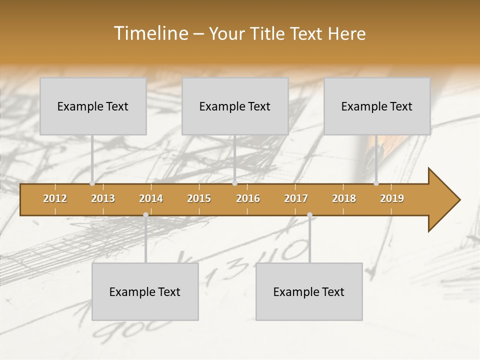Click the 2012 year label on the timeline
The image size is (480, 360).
[55, 198]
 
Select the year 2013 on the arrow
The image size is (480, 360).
[103, 198]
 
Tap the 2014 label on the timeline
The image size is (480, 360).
[151, 198]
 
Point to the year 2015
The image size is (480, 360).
[199, 198]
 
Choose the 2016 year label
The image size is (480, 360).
[248, 198]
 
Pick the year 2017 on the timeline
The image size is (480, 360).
[296, 198]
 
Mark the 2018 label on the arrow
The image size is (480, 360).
[344, 198]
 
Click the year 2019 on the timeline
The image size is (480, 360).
[392, 198]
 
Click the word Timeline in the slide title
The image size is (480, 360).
[150, 33]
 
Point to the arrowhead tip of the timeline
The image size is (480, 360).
[459, 200]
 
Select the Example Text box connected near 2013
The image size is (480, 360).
[93, 106]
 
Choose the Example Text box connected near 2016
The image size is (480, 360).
[235, 106]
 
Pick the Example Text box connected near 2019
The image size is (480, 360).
[377, 106]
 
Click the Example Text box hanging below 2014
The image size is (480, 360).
[145, 291]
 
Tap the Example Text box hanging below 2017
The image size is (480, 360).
[309, 291]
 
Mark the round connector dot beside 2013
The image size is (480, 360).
[92, 183]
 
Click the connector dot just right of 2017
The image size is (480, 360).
[309, 215]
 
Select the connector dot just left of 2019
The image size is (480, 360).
[376, 183]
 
